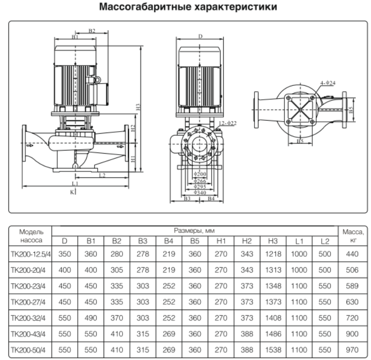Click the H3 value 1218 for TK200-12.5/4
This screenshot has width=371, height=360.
pyautogui.click(x=273, y=254)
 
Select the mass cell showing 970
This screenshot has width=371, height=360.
pyautogui.click(x=352, y=350)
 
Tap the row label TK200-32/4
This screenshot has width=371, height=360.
pyautogui.click(x=28, y=318)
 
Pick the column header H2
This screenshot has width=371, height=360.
pyautogui.click(x=247, y=241)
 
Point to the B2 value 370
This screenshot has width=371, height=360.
pyautogui.click(x=117, y=318)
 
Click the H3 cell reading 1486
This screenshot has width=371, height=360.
pyautogui.click(x=273, y=334)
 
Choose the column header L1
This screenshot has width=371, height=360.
pyautogui.click(x=299, y=241)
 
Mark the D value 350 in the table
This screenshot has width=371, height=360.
pyautogui.click(x=65, y=254)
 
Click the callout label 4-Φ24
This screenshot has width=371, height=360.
pyautogui.click(x=328, y=83)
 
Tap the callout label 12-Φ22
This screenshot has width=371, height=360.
pyautogui.click(x=228, y=123)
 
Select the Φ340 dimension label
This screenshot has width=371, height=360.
pyautogui.click(x=200, y=192)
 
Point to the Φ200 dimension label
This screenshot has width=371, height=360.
pyautogui.click(x=200, y=174)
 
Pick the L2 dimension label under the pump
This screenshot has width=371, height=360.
pyautogui.click(x=102, y=176)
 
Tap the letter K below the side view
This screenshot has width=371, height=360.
pyautogui.click(x=72, y=192)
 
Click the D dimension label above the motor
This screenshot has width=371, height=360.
pyautogui.click(x=200, y=36)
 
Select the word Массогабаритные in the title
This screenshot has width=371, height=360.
pyautogui.click(x=145, y=6)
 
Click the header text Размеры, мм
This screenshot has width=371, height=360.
pyautogui.click(x=195, y=230)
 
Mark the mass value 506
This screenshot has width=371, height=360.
pyautogui.click(x=352, y=270)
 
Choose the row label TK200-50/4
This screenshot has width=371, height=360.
pyautogui.click(x=28, y=350)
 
